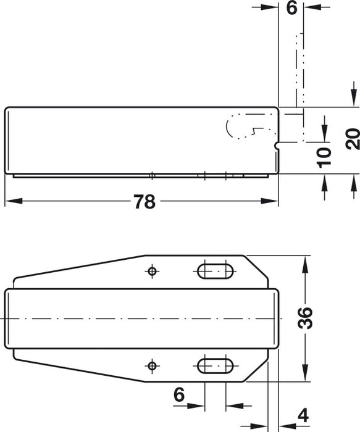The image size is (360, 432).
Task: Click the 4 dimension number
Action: (303, 416)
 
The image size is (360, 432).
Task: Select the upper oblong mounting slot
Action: (214, 271)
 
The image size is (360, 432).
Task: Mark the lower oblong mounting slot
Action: (214, 366)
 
